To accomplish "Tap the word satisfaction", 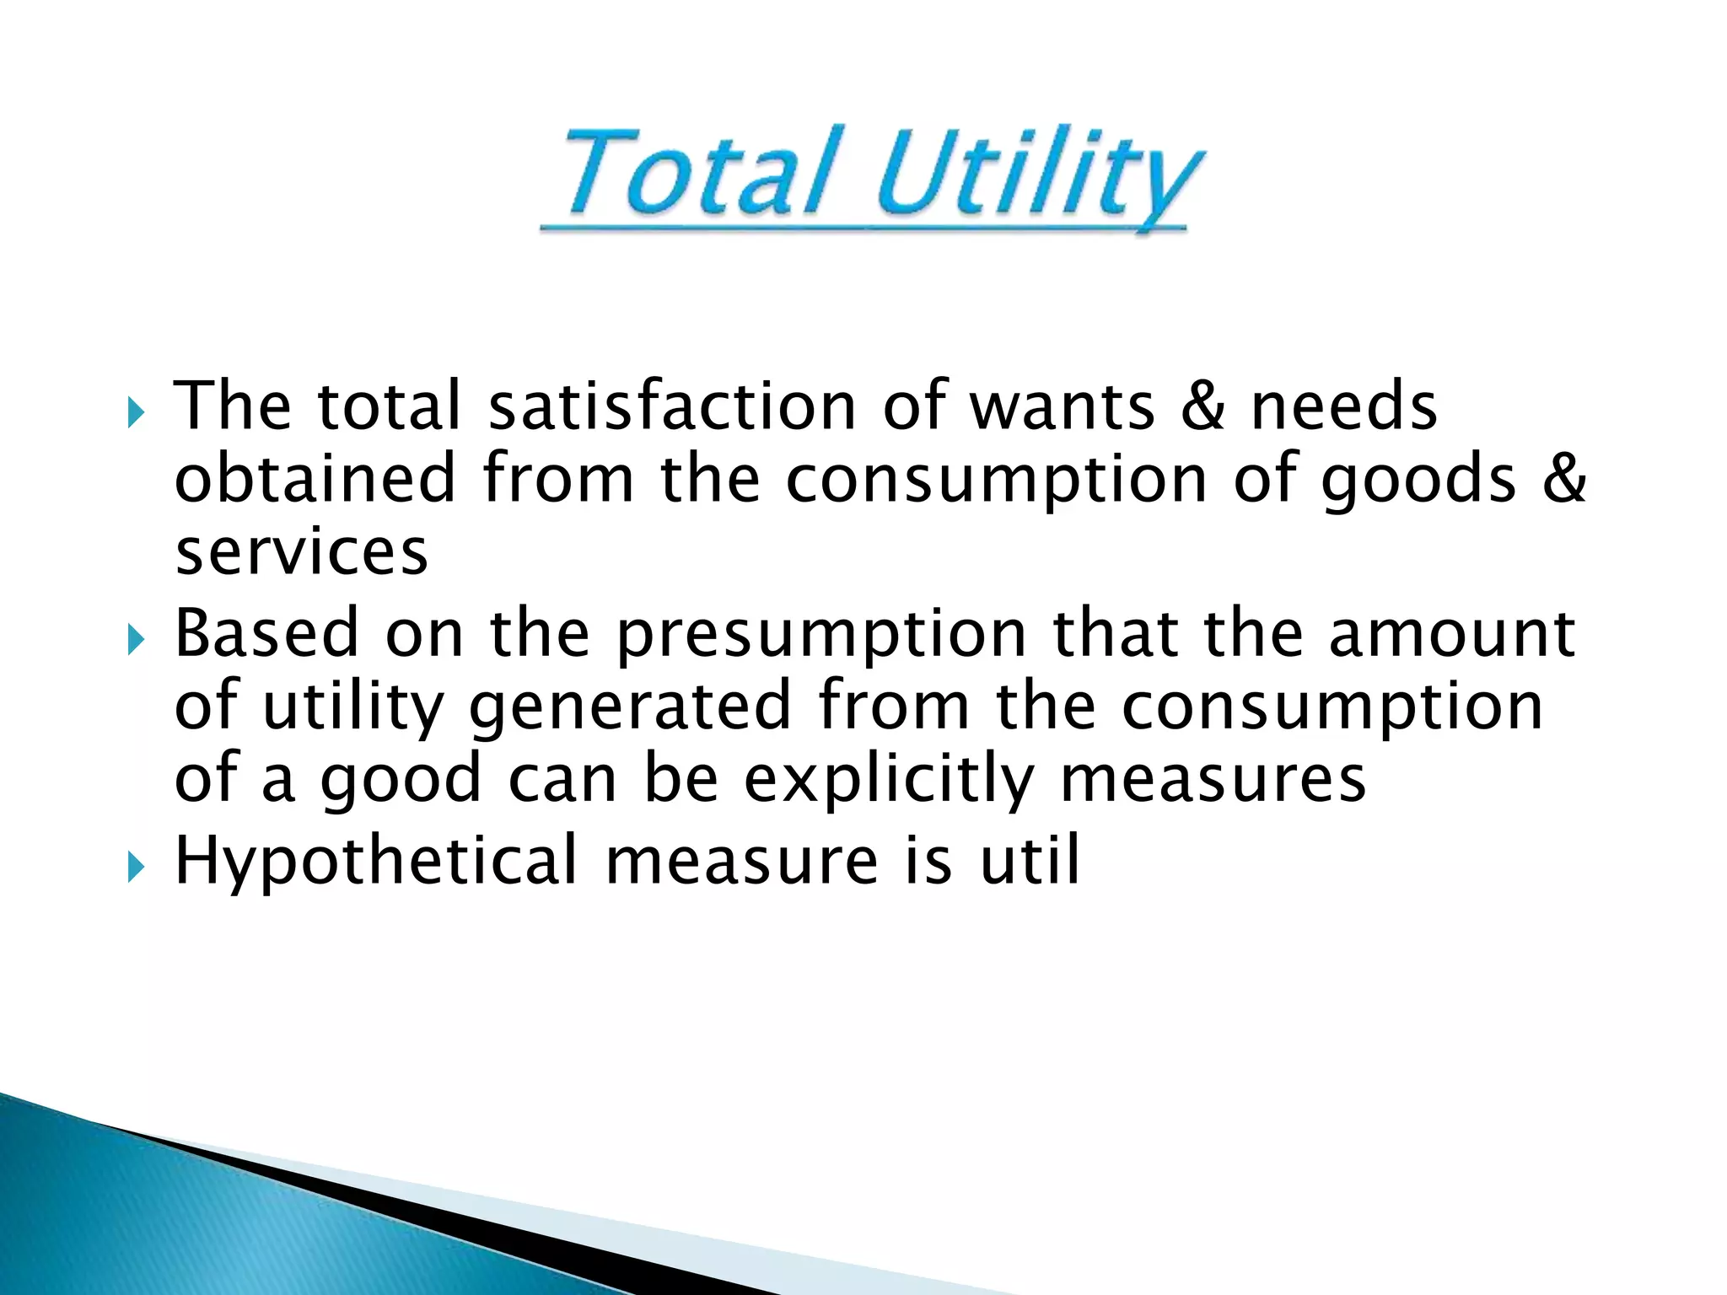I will pyautogui.click(x=672, y=406).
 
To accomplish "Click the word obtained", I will pyautogui.click(x=315, y=478).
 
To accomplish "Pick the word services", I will pyautogui.click(x=302, y=552).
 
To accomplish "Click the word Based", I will pyautogui.click(x=266, y=633).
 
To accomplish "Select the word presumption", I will pyautogui.click(x=821, y=637).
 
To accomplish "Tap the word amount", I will pyautogui.click(x=1451, y=635).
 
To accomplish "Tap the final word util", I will pyautogui.click(x=1030, y=861).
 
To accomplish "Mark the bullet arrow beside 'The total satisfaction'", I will pyautogui.click(x=137, y=414).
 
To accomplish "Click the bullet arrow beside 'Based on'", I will pyautogui.click(x=137, y=642).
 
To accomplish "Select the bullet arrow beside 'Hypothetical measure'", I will pyautogui.click(x=137, y=868).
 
